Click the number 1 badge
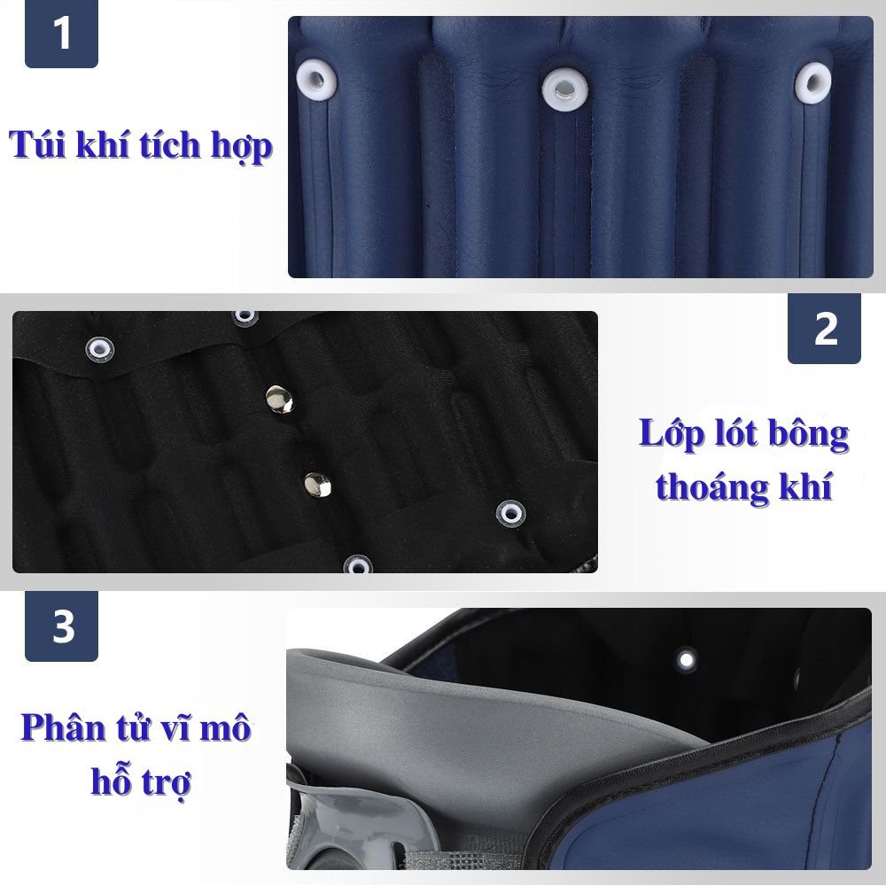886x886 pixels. [61, 34]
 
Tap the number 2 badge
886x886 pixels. [824, 329]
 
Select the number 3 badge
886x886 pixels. [61, 626]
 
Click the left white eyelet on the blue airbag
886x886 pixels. [316, 81]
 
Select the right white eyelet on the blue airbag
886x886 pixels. [813, 82]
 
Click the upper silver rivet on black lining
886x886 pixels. [279, 399]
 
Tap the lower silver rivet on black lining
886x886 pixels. [317, 485]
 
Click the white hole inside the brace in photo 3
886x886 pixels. [687, 659]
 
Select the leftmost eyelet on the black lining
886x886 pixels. [99, 348]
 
